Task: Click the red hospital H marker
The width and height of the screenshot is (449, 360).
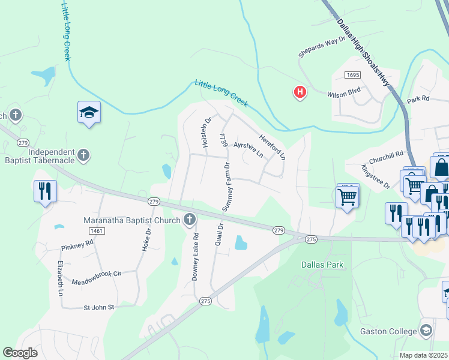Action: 300,92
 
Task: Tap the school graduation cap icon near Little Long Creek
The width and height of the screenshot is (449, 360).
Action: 89,112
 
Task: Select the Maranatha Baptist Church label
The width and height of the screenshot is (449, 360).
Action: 131,220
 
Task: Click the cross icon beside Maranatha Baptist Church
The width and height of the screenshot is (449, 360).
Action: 190,220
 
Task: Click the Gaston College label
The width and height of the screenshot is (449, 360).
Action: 388,331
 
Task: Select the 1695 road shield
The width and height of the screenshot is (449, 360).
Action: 352,74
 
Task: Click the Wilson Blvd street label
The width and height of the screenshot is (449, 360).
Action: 343,95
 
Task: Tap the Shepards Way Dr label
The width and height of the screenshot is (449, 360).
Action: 323,46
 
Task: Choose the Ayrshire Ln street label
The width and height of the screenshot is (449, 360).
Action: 248,149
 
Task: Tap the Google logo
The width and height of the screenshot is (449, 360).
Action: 20,353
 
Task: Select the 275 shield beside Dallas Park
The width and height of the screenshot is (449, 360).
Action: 310,239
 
